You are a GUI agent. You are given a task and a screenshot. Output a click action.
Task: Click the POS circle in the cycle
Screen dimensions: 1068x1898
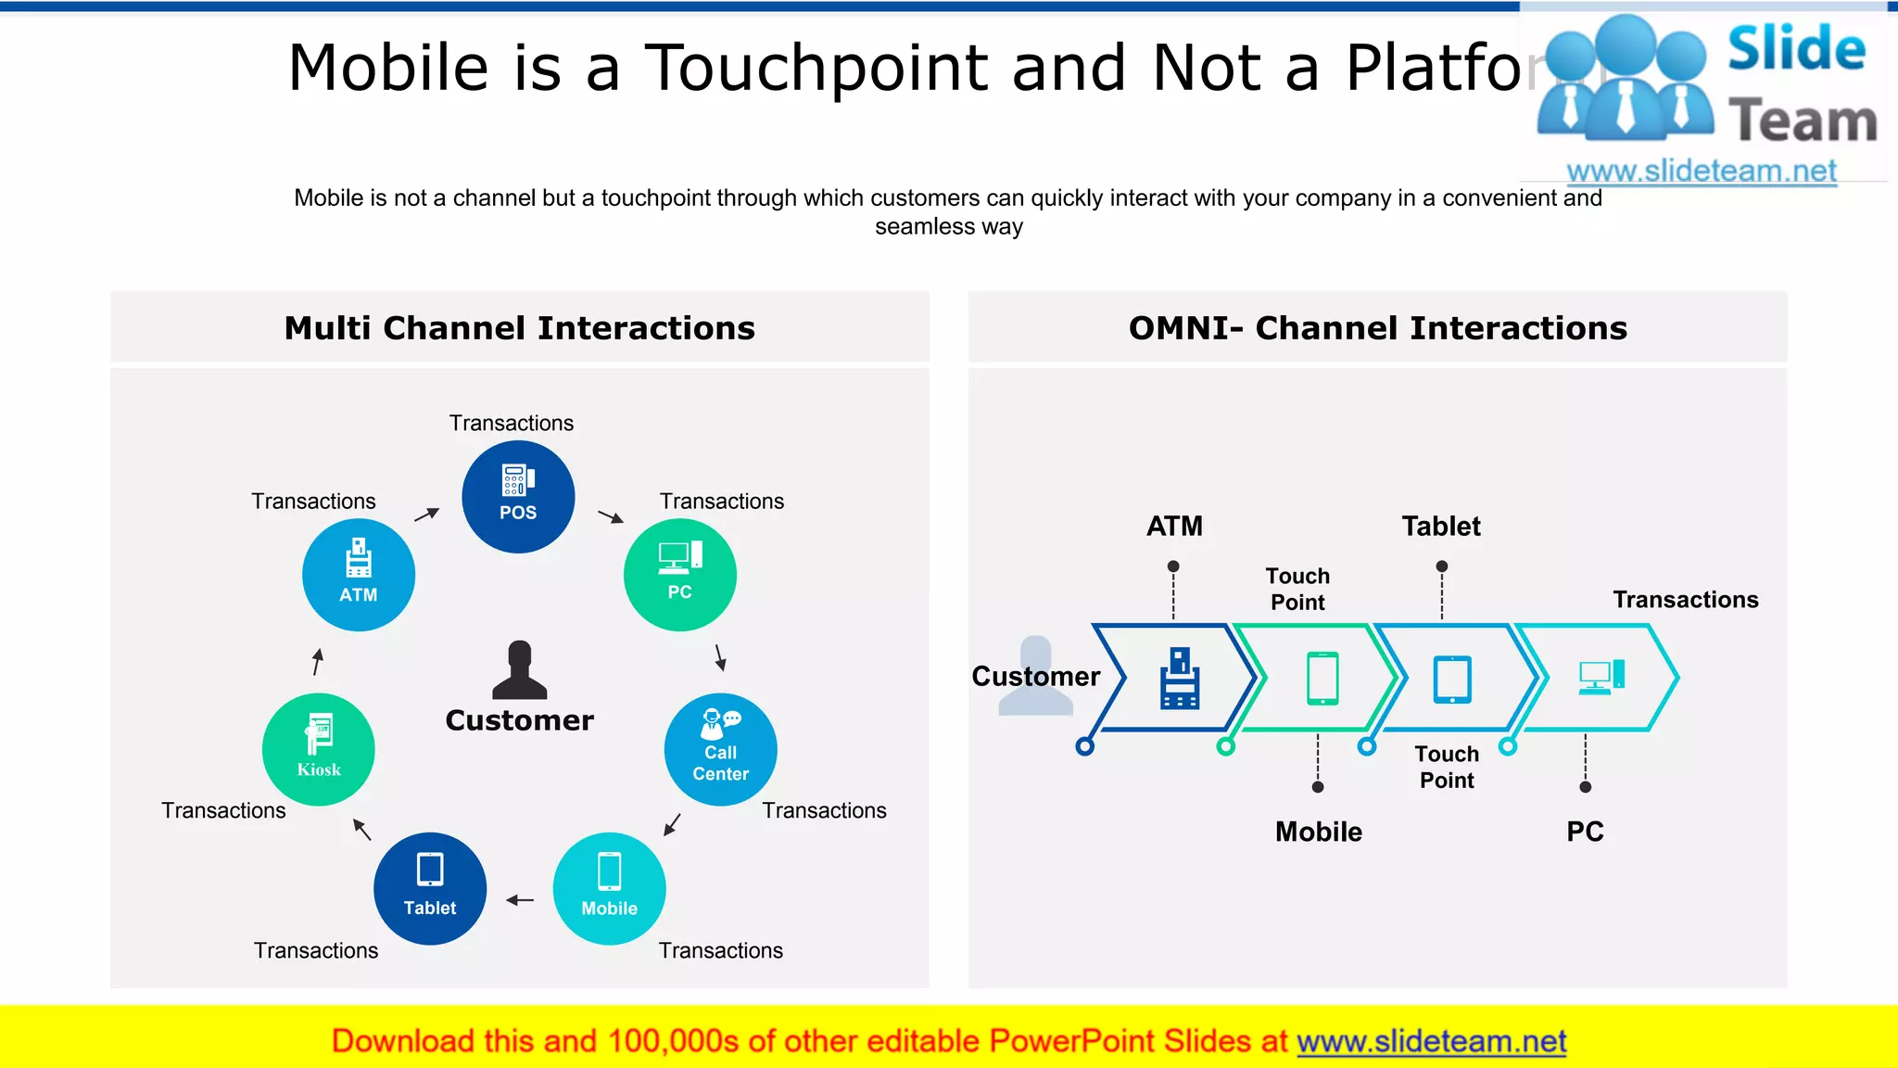tap(518, 497)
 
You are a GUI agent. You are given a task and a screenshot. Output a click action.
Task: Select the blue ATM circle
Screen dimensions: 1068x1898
tap(359, 575)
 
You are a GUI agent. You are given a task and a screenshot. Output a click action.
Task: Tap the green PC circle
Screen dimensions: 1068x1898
tap(680, 575)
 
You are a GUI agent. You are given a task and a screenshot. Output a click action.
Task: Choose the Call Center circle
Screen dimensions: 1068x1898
tap(720, 749)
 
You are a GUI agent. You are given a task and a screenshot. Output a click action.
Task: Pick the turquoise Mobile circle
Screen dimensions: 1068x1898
tap(609, 888)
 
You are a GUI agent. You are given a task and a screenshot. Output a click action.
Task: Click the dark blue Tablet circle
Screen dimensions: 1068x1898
tap(430, 888)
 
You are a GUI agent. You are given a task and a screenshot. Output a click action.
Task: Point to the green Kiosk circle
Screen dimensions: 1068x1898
tap(319, 749)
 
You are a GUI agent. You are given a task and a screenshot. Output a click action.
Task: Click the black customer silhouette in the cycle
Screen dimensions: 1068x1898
tap(519, 671)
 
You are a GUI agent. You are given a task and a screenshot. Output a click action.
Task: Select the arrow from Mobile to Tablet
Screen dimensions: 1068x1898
tap(520, 899)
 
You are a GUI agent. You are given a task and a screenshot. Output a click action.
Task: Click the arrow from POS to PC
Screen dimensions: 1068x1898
tap(611, 516)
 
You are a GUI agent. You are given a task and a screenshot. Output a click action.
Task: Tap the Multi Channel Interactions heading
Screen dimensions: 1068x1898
tap(519, 328)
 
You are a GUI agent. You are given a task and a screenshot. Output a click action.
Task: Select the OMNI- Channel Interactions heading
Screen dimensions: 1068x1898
tap(1377, 328)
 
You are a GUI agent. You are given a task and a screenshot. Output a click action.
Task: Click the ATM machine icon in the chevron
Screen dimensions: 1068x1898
tap(1179, 679)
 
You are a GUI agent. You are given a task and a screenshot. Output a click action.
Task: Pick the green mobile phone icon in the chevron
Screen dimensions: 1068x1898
tap(1322, 679)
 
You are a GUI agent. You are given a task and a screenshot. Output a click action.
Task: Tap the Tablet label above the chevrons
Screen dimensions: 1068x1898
tap(1440, 527)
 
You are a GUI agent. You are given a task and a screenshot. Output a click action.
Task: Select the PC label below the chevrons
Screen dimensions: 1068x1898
tap(1585, 832)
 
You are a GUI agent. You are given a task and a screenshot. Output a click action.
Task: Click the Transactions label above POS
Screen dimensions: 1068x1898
tap(512, 423)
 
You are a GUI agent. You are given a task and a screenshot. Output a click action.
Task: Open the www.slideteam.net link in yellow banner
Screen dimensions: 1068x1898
tap(1431, 1041)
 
